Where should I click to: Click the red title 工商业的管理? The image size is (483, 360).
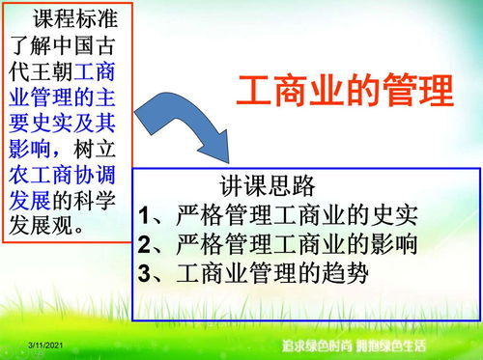(x=344, y=92)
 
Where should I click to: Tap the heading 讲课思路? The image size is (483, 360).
(x=268, y=184)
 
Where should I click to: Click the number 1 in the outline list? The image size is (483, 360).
(x=145, y=213)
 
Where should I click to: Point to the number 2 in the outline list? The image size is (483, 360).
(x=145, y=243)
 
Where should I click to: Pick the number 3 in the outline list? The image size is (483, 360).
(x=145, y=273)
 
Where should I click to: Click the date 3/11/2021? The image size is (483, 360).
(x=45, y=345)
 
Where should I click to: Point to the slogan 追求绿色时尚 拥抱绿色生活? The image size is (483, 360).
(x=354, y=345)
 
